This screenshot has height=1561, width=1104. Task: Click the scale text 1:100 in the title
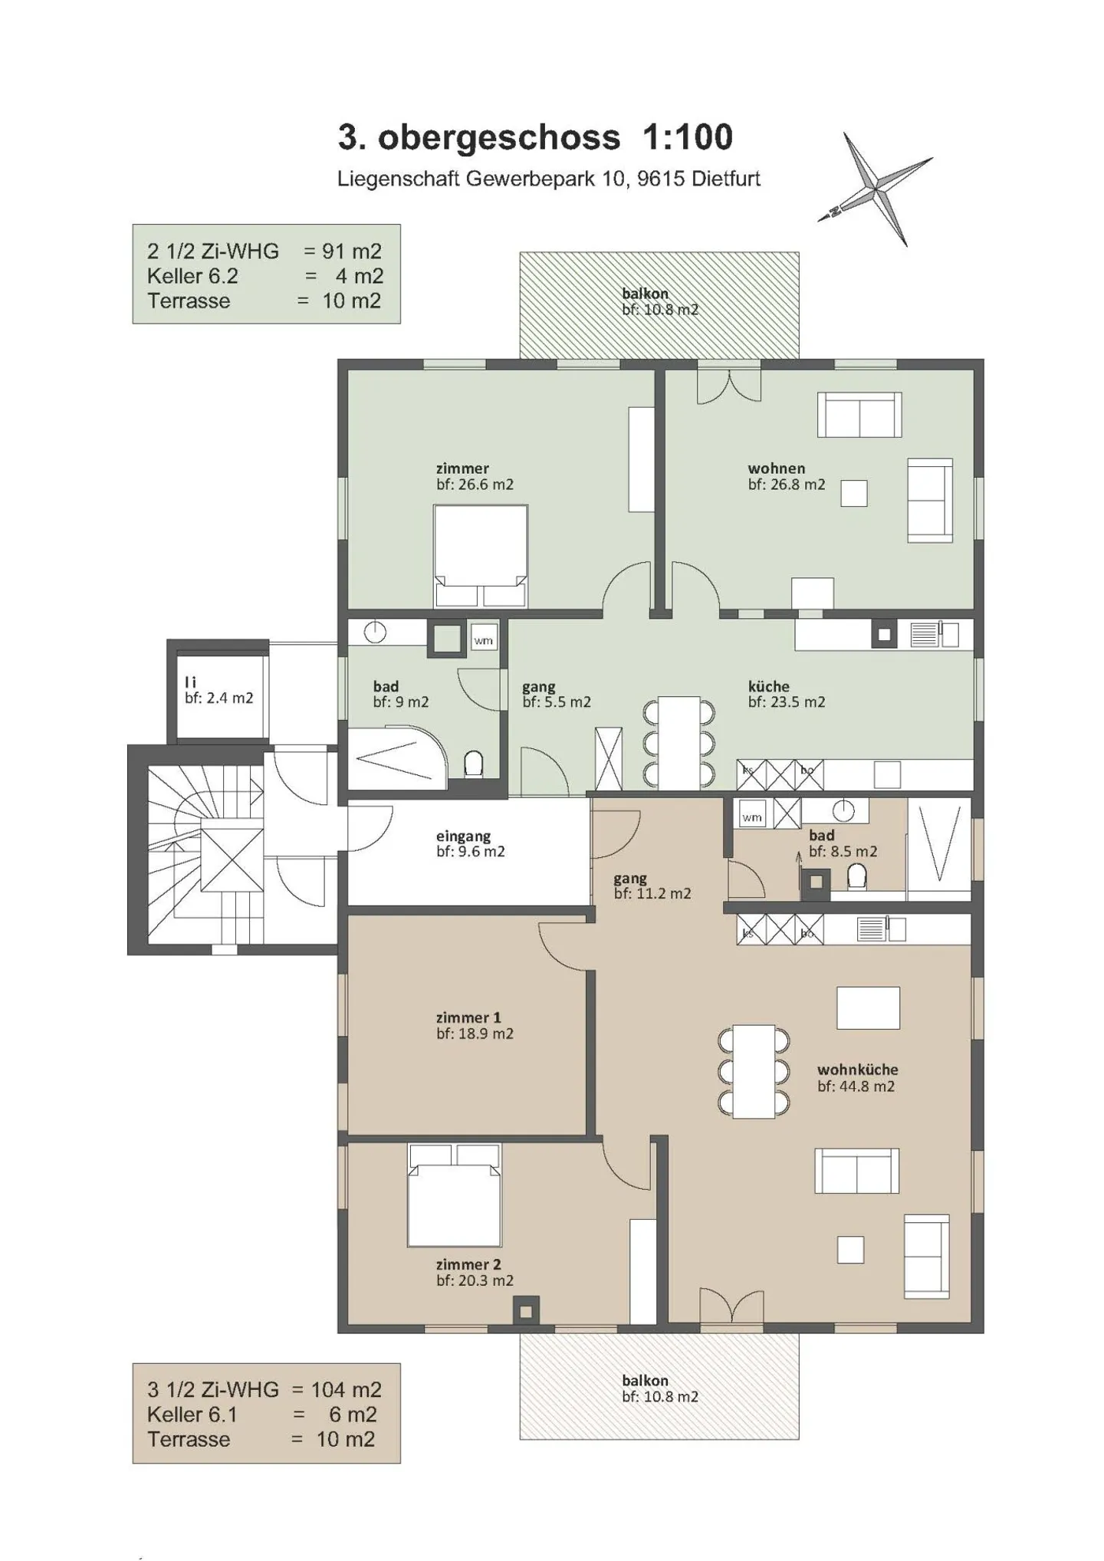click(x=687, y=138)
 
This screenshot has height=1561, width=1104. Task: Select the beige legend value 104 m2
click(x=346, y=1389)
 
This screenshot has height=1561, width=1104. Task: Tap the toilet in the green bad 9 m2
click(x=473, y=764)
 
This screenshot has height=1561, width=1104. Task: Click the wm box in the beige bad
click(x=751, y=817)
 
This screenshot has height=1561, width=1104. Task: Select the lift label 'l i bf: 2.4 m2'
click(x=218, y=690)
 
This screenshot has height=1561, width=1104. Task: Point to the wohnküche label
click(x=856, y=1070)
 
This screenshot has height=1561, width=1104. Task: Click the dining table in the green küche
click(x=678, y=741)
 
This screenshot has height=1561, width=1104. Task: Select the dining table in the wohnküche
click(x=754, y=1070)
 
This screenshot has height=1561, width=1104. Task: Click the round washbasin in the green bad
click(x=375, y=633)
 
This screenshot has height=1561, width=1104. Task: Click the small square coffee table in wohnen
click(x=853, y=493)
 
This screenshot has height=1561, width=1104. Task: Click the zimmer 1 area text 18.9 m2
click(x=475, y=1034)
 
